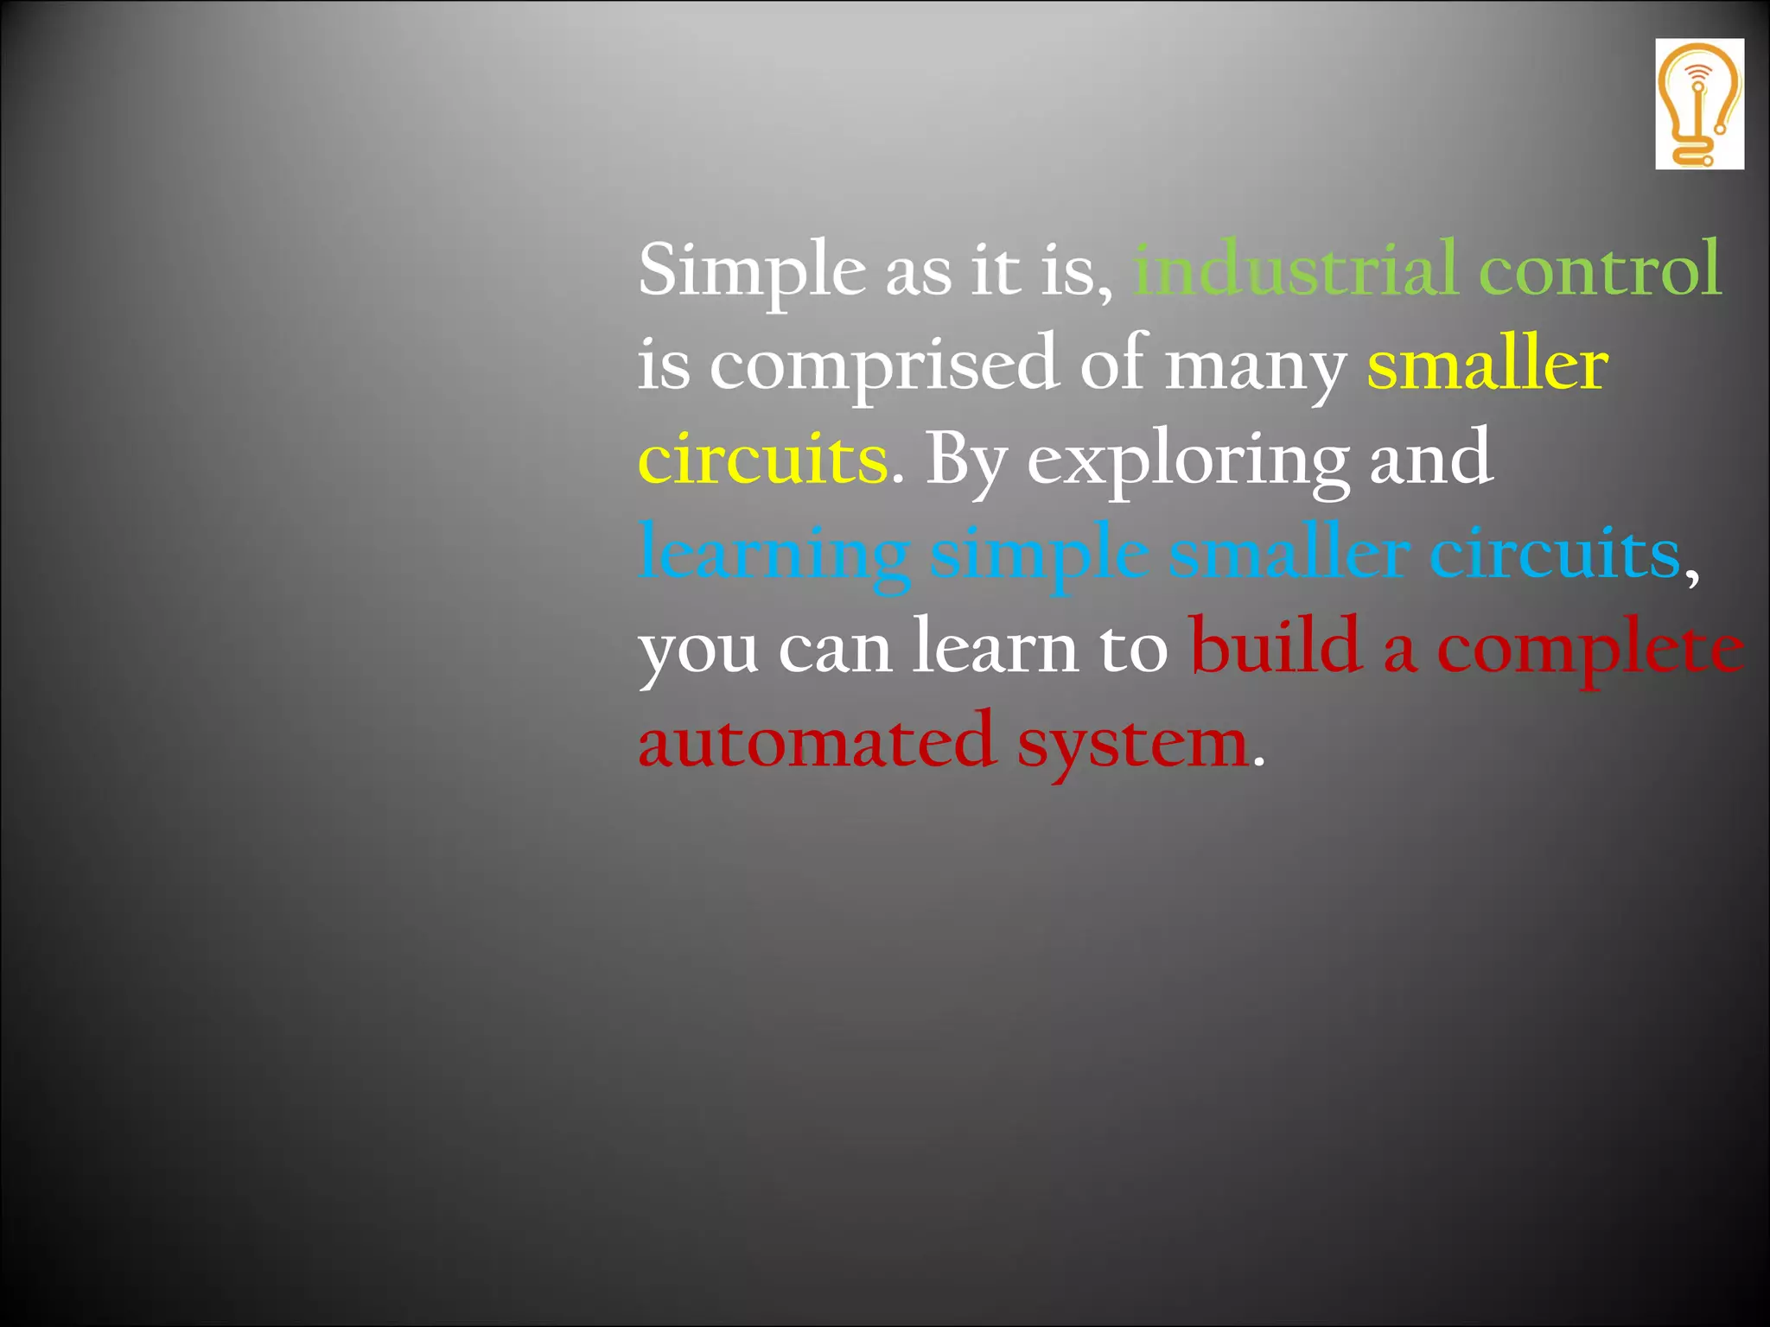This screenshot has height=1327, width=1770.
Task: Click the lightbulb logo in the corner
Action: [1699, 104]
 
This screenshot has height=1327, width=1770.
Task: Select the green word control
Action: [1600, 270]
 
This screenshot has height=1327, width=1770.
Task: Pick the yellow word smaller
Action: [1487, 365]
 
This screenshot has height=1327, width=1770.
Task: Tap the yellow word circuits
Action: [762, 459]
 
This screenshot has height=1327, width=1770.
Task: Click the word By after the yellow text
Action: [966, 460]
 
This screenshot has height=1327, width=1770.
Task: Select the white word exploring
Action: [1187, 460]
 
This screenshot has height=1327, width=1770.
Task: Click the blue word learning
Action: [774, 555]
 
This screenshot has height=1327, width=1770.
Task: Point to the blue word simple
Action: [1038, 555]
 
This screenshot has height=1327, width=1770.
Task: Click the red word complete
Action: [1590, 650]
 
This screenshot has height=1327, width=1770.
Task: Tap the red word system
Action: [1132, 744]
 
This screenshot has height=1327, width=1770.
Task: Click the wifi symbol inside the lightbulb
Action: [1699, 73]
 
